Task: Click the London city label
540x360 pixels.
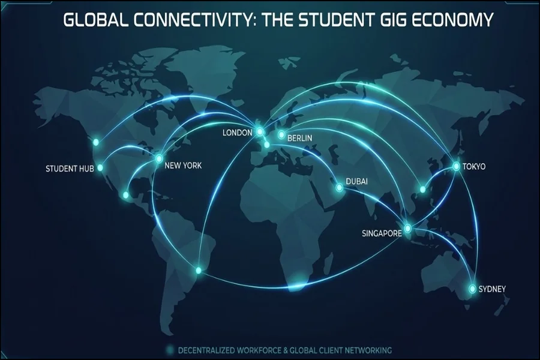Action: (x=237, y=133)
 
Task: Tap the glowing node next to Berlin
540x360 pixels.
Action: (x=281, y=135)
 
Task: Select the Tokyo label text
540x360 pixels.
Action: (x=474, y=166)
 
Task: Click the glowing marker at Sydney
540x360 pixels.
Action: (x=472, y=289)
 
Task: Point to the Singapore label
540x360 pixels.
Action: (x=382, y=233)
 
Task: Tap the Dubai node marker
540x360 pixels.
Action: (x=338, y=188)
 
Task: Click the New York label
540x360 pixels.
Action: (x=183, y=166)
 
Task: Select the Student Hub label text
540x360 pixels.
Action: (x=70, y=169)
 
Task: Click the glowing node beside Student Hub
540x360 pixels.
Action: (x=100, y=168)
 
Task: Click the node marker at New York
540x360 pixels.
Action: (x=159, y=158)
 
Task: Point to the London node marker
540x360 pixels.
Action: (x=260, y=131)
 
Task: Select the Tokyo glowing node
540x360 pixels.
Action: (x=456, y=166)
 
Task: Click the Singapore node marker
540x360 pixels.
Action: (x=408, y=228)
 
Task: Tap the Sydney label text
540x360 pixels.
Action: (x=492, y=289)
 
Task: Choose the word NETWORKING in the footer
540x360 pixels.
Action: (x=366, y=350)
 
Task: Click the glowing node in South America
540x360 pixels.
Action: (x=199, y=271)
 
